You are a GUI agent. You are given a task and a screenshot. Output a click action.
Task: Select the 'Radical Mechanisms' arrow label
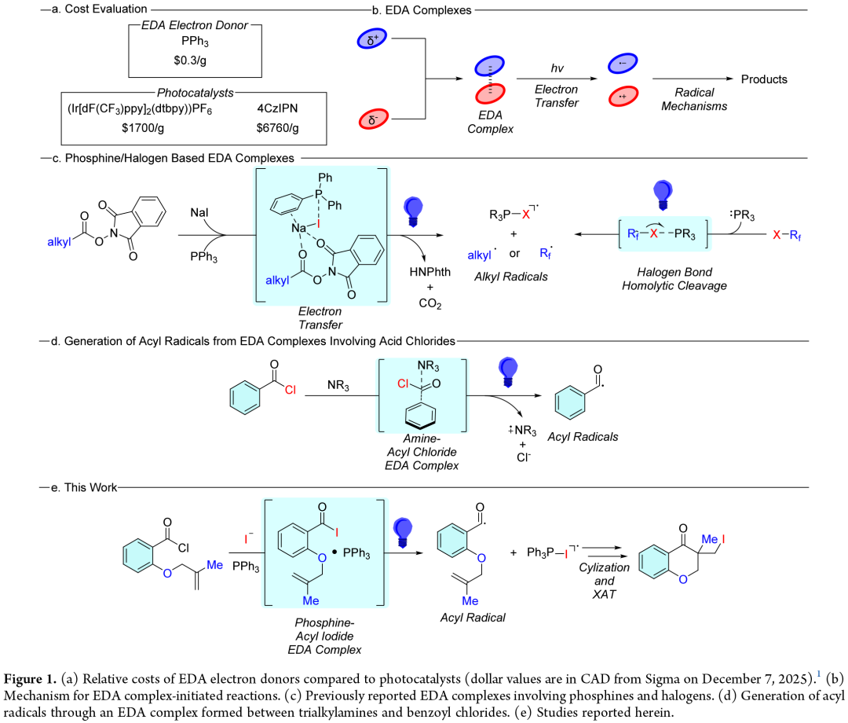(679, 100)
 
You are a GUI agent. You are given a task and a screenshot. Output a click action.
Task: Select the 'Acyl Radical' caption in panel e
(473, 617)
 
